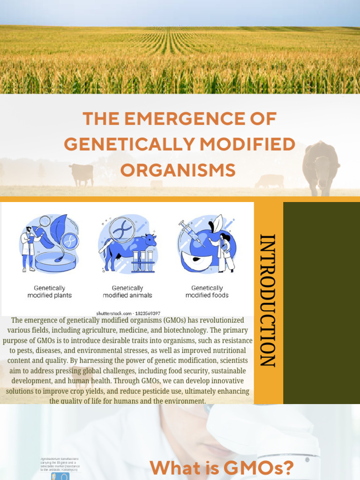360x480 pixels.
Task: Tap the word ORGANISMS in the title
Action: [178, 170]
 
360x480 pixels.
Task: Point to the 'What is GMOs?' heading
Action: [221, 468]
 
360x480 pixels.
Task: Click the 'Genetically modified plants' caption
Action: [50, 292]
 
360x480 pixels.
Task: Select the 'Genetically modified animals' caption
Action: [127, 292]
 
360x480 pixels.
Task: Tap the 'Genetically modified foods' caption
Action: [207, 292]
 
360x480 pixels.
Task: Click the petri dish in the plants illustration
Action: [55, 262]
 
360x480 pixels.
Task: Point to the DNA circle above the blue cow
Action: [122, 229]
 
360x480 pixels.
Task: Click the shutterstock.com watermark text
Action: [128, 313]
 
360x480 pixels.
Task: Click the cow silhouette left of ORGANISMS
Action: [82, 174]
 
